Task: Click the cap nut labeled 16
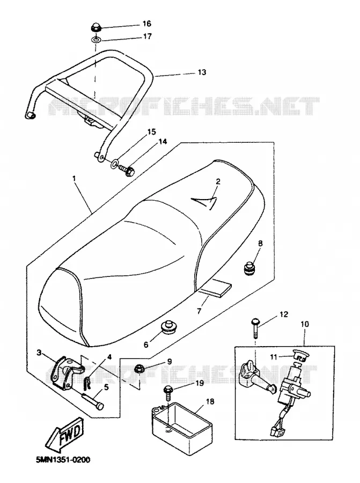96,27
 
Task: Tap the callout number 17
148,36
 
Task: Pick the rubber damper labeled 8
249,268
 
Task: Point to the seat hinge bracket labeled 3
65,372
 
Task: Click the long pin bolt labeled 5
92,401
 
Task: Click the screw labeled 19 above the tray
168,392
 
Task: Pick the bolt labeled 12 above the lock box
256,329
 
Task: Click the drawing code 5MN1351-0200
63,460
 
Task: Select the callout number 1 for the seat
74,178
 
